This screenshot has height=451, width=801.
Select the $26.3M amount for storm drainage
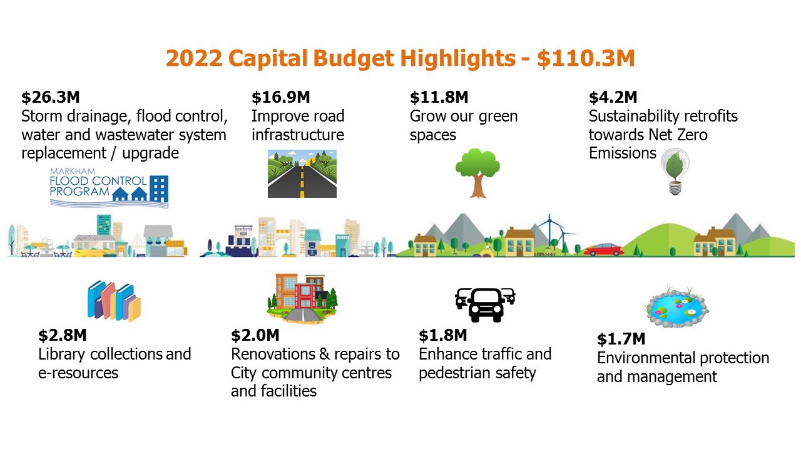[51, 97]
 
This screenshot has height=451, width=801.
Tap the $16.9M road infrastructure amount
[280, 97]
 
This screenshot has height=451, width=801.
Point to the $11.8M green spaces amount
[439, 97]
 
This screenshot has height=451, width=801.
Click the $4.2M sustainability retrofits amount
[613, 97]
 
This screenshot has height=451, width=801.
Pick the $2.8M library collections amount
[63, 335]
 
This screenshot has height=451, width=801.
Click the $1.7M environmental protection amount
[621, 340]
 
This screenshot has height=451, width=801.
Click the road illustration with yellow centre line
[302, 174]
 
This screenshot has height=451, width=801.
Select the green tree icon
[477, 172]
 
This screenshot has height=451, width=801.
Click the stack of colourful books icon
[114, 301]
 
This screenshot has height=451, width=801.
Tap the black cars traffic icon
[485, 304]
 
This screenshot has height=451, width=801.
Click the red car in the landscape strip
[603, 249]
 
